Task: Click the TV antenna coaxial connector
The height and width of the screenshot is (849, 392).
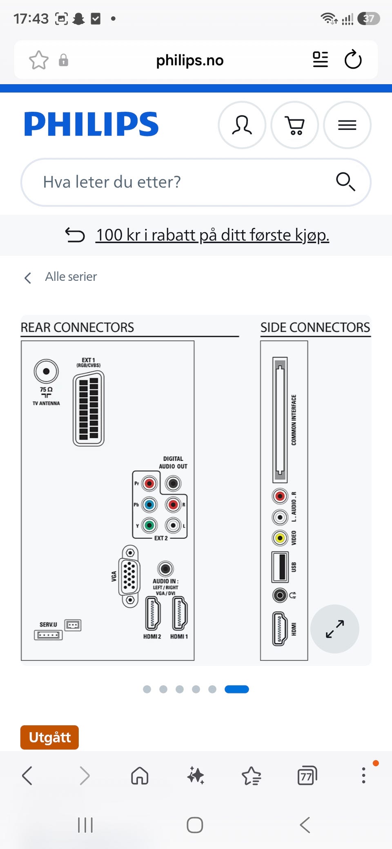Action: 46,371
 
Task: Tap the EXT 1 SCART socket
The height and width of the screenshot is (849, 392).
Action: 89,408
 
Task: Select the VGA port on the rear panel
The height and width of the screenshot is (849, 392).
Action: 130,576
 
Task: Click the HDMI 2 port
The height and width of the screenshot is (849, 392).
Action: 153,613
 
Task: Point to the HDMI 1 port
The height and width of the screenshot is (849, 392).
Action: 180,613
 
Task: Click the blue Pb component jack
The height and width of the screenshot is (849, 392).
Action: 149,505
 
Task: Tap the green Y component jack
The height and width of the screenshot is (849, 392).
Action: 149,525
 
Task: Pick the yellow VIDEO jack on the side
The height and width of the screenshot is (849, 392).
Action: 280,538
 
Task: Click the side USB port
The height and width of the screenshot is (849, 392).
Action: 280,567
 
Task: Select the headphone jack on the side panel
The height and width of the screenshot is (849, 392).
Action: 280,596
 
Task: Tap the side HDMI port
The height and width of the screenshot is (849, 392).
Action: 280,629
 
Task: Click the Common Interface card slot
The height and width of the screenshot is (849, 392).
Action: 280,420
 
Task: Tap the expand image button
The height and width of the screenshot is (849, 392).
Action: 335,629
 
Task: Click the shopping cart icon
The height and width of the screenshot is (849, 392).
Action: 294,125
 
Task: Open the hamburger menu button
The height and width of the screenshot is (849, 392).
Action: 347,125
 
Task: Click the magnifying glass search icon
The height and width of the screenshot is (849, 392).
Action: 345,182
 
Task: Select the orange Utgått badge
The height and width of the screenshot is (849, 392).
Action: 49,737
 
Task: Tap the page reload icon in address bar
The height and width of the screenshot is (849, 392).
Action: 353,60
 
